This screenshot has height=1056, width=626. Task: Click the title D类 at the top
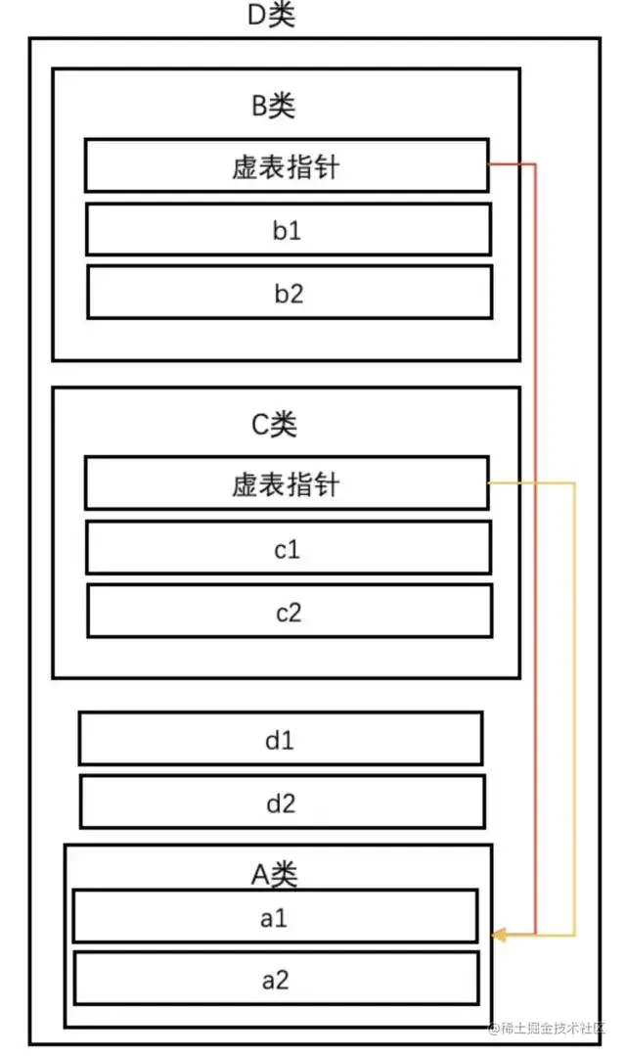pos(272,16)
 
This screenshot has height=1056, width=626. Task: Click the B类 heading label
pos(273,106)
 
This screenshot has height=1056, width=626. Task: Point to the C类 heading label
pos(274,424)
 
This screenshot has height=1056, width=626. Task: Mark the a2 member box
pos(275,979)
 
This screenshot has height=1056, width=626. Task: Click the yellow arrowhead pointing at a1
pos(499,936)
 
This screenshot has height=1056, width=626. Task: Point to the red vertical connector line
pos(535,548)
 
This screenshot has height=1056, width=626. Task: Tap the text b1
pos(288,231)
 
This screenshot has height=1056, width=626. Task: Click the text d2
pos(281,803)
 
